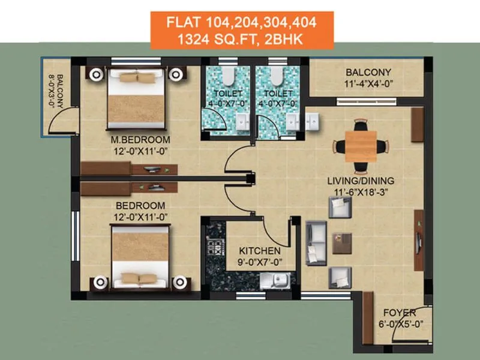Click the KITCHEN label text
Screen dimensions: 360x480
[x=259, y=250]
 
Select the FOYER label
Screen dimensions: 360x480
[x=397, y=312]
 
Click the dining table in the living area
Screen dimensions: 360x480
[x=361, y=146]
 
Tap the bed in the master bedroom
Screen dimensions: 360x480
[x=136, y=99]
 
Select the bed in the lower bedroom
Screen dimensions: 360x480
[x=139, y=255]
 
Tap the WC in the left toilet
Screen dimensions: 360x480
[x=229, y=77]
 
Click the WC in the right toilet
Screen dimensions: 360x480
[x=277, y=77]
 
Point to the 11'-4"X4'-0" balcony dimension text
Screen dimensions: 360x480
[x=367, y=84]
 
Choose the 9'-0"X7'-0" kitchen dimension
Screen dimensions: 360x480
[x=259, y=261]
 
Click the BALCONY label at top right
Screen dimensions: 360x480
[x=367, y=72]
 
